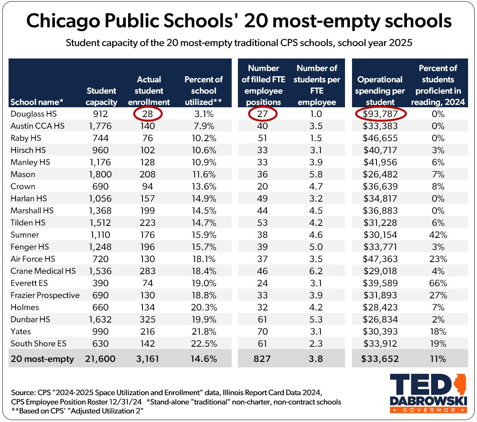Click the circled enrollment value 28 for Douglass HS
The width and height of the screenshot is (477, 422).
coord(148,114)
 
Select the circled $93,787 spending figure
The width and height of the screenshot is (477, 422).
coord(380,114)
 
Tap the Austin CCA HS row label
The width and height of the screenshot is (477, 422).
coord(37,126)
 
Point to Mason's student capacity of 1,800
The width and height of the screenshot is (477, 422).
coord(100,174)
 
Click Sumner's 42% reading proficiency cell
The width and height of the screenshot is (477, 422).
coord(438,235)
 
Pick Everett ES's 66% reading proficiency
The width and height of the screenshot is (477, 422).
coord(438,283)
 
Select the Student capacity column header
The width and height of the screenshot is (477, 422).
coord(101,96)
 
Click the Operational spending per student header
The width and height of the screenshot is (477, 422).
coord(380,90)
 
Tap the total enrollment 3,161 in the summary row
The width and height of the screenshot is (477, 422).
coord(148,359)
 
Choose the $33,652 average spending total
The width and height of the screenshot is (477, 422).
coord(380,359)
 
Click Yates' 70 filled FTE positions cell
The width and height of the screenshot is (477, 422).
coord(262,332)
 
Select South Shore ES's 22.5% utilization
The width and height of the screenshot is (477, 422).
coord(204,344)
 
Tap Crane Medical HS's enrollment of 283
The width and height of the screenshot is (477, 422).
coord(148,271)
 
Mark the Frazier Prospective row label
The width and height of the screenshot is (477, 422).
coord(45,295)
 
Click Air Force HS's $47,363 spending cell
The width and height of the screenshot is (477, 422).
coord(380,259)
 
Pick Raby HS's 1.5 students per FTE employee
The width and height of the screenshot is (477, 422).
coord(316,138)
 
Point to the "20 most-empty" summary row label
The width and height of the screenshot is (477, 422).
coord(42,359)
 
